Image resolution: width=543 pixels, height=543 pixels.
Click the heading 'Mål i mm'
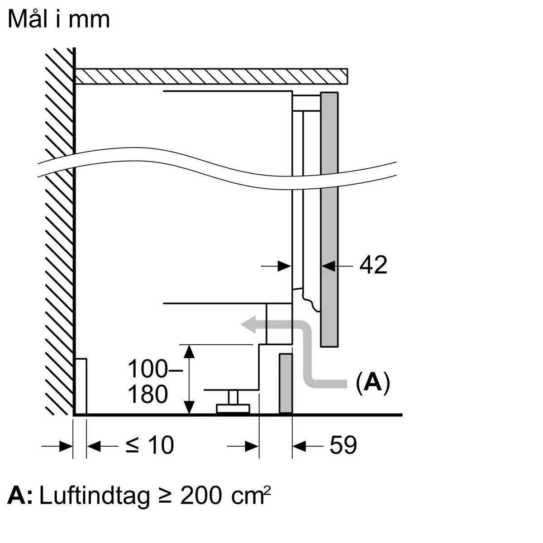pyautogui.click(x=59, y=19)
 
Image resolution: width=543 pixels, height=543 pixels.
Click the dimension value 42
pyautogui.click(x=373, y=265)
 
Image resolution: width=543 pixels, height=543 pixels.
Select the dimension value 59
pyautogui.click(x=343, y=445)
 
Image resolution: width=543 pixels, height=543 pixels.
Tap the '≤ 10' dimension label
pyautogui.click(x=149, y=445)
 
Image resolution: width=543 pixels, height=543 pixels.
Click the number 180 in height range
pyautogui.click(x=148, y=394)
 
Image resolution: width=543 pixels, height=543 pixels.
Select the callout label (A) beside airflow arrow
pyautogui.click(x=372, y=382)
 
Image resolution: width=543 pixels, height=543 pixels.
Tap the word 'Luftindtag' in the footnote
pyautogui.click(x=94, y=496)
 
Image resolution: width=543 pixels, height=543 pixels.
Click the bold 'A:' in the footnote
pyautogui.click(x=20, y=496)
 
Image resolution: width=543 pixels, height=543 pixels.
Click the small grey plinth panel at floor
pyautogui.click(x=286, y=384)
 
